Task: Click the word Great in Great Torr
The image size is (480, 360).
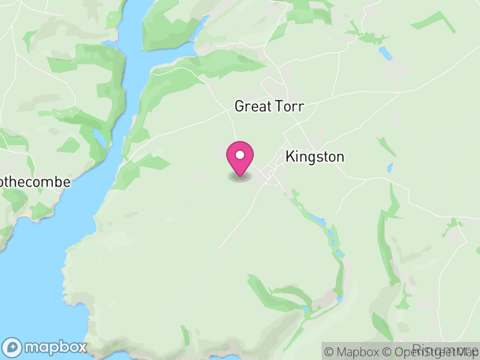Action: tap(253, 106)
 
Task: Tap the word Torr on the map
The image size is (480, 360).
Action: tap(289, 106)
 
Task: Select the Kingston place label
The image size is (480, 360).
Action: tap(315, 157)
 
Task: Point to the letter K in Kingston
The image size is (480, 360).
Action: tap(291, 157)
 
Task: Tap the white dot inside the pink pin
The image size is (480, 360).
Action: tap(240, 155)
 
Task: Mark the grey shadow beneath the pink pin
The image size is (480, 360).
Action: tap(240, 178)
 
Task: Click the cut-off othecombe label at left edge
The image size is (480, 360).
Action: tap(35, 182)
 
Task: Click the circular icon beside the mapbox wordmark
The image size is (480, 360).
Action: tap(13, 347)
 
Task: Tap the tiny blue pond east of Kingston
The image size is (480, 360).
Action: tap(391, 168)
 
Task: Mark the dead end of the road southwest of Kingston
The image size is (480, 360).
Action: tap(218, 248)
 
